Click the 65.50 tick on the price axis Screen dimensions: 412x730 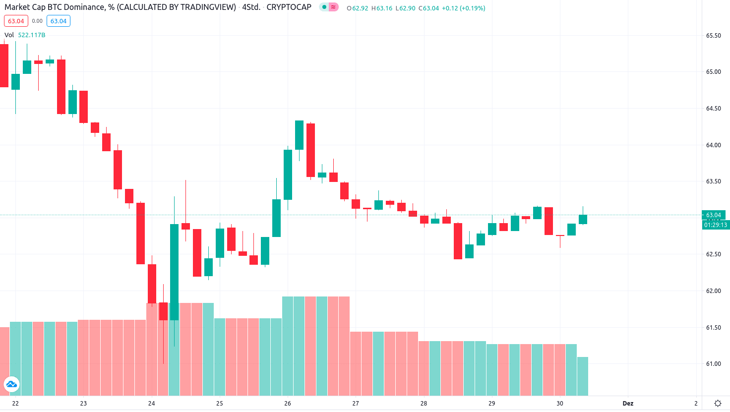(713, 36)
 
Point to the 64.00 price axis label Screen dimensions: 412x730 (713, 145)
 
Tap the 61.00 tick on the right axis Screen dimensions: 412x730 (713, 364)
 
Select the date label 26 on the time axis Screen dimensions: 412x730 (288, 404)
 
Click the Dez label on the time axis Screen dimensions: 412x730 (628, 404)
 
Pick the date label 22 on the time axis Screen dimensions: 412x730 (15, 404)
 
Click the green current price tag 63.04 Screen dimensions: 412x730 (714, 215)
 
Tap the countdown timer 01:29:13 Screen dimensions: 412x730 (715, 225)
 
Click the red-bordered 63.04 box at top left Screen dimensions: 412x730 (16, 21)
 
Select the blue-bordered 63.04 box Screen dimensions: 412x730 (59, 21)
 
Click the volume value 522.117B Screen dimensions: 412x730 (32, 35)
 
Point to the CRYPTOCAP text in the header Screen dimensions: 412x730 (289, 7)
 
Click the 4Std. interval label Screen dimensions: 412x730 (251, 7)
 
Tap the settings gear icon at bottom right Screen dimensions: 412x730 (718, 404)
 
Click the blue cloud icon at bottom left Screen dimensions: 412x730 (11, 384)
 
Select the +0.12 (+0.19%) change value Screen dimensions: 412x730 (463, 8)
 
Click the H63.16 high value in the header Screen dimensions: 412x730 (381, 8)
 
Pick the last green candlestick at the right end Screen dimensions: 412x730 (583, 219)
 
